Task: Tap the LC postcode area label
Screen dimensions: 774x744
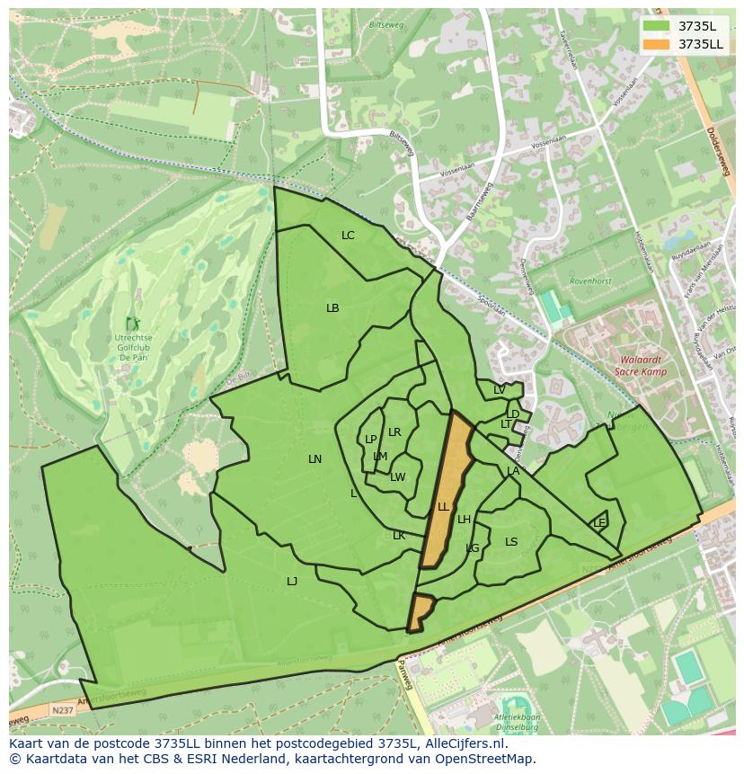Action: point(348,236)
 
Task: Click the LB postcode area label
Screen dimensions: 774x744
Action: point(332,308)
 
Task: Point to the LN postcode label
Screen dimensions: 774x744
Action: point(314,459)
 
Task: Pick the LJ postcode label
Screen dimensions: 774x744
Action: point(292,582)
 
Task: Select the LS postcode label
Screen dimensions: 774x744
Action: point(511,542)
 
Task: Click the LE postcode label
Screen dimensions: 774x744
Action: point(599,523)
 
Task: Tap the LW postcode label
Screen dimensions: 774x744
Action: point(398,477)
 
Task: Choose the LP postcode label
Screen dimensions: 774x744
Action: point(370,440)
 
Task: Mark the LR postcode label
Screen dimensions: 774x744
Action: point(394,432)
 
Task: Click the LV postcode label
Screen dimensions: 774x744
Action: point(499,390)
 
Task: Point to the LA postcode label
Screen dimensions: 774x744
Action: point(513,471)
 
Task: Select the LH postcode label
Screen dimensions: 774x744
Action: point(464,520)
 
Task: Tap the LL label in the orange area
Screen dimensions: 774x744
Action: point(443,507)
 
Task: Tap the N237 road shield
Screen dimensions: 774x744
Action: point(61,709)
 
